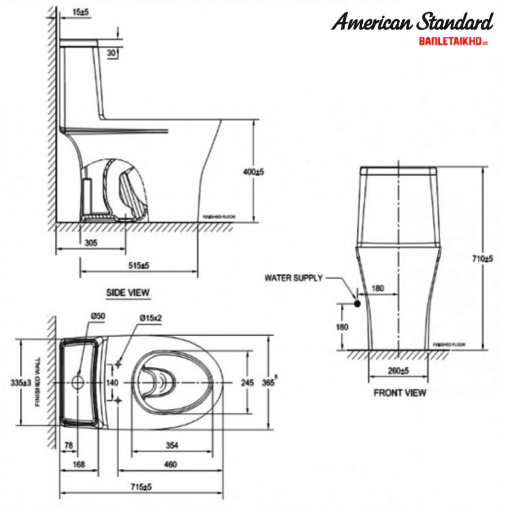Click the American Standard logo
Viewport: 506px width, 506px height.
pos(412,22)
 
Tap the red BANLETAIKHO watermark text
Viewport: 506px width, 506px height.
pos(453,42)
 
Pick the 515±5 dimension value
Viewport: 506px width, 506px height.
pos(138,265)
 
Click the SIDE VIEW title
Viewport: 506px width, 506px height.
pos(127,293)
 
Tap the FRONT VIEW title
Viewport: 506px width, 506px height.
pos(400,393)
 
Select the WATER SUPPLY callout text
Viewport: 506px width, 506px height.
pos(294,278)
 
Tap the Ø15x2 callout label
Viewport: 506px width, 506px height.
pos(151,319)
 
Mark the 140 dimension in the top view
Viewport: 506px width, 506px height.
pos(112,382)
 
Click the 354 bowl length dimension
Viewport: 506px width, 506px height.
pos(172,446)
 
